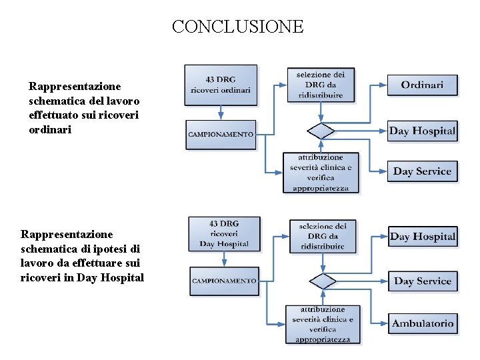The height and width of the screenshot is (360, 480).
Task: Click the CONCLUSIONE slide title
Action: click(x=237, y=27)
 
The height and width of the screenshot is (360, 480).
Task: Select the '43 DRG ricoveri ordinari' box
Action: click(x=221, y=85)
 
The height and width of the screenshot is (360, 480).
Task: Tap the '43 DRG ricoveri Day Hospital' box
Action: click(x=223, y=234)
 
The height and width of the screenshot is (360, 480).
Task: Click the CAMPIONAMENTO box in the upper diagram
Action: click(x=221, y=134)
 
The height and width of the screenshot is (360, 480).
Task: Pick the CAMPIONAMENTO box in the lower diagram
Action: click(x=224, y=281)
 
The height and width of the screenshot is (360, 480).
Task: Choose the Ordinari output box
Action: click(x=422, y=85)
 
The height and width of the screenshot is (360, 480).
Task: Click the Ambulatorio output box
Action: click(x=423, y=324)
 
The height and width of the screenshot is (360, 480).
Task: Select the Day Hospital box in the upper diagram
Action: click(x=422, y=131)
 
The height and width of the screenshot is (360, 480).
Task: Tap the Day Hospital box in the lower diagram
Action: click(x=423, y=237)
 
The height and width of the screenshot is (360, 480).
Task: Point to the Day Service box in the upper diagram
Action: click(x=422, y=171)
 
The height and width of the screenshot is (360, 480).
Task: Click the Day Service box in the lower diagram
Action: click(x=423, y=281)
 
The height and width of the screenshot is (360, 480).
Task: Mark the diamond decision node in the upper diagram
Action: click(x=321, y=131)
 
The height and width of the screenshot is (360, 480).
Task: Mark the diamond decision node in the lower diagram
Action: click(x=323, y=281)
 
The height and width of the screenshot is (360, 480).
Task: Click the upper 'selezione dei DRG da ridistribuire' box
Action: click(x=321, y=85)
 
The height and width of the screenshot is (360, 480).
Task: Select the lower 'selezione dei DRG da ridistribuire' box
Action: click(x=323, y=236)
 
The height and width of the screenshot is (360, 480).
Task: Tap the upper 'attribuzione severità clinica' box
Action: click(x=320, y=172)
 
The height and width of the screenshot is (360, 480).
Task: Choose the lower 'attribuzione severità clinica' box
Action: click(x=323, y=324)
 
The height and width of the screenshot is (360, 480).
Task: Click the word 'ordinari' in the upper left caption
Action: click(x=49, y=130)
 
